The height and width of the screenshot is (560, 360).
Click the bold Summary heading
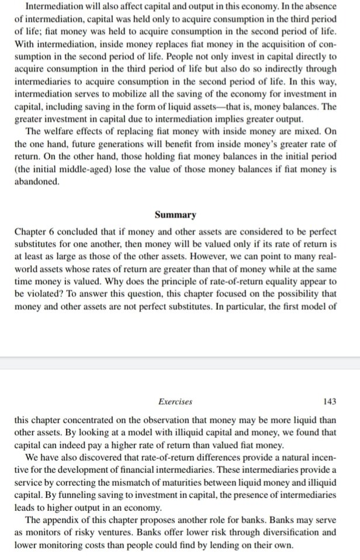click(179, 215)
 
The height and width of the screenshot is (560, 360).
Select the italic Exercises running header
click(175, 402)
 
